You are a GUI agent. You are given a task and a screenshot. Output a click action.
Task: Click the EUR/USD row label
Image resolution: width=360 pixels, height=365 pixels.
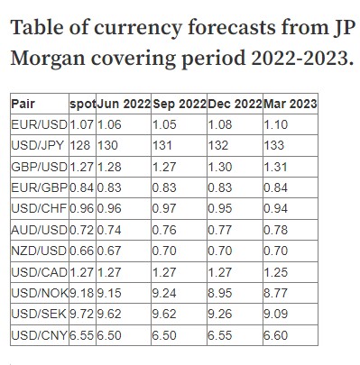pos(38,124)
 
